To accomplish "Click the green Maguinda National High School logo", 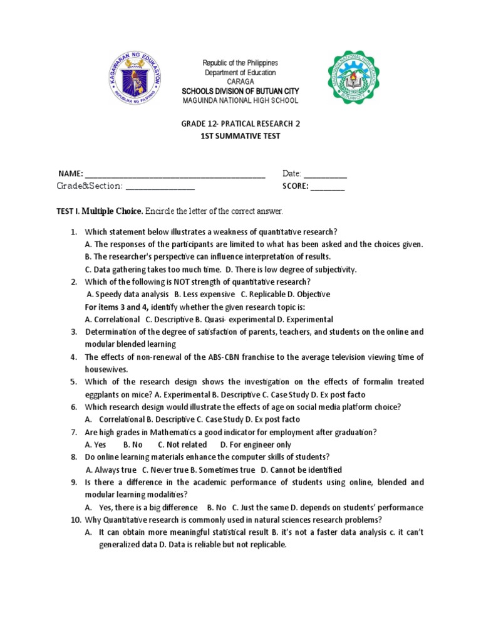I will [353, 78].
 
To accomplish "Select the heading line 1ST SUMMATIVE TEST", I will [240, 135].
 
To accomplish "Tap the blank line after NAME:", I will [175, 174].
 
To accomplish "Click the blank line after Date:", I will [325, 174].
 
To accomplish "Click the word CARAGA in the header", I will [240, 82].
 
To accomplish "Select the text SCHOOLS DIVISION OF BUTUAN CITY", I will [240, 91].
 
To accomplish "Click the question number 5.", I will [73, 382].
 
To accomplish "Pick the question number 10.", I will [75, 520].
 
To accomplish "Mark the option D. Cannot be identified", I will [301, 470].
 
